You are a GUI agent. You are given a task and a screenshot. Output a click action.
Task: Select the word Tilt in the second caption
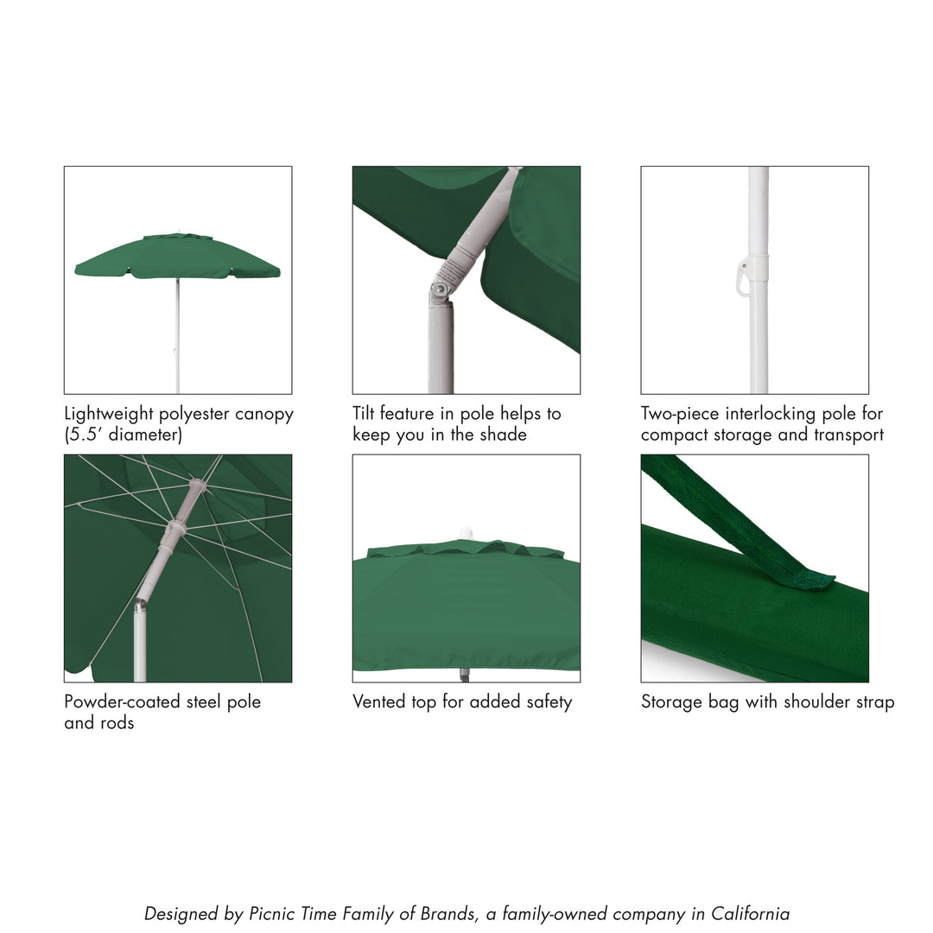click(x=364, y=414)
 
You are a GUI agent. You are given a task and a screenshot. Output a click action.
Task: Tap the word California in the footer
click(x=750, y=914)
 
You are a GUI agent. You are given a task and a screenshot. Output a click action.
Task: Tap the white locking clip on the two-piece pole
click(x=745, y=278)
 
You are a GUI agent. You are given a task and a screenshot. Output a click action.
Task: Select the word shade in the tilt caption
click(x=503, y=435)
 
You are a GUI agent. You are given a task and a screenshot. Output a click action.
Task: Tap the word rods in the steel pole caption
click(x=117, y=723)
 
